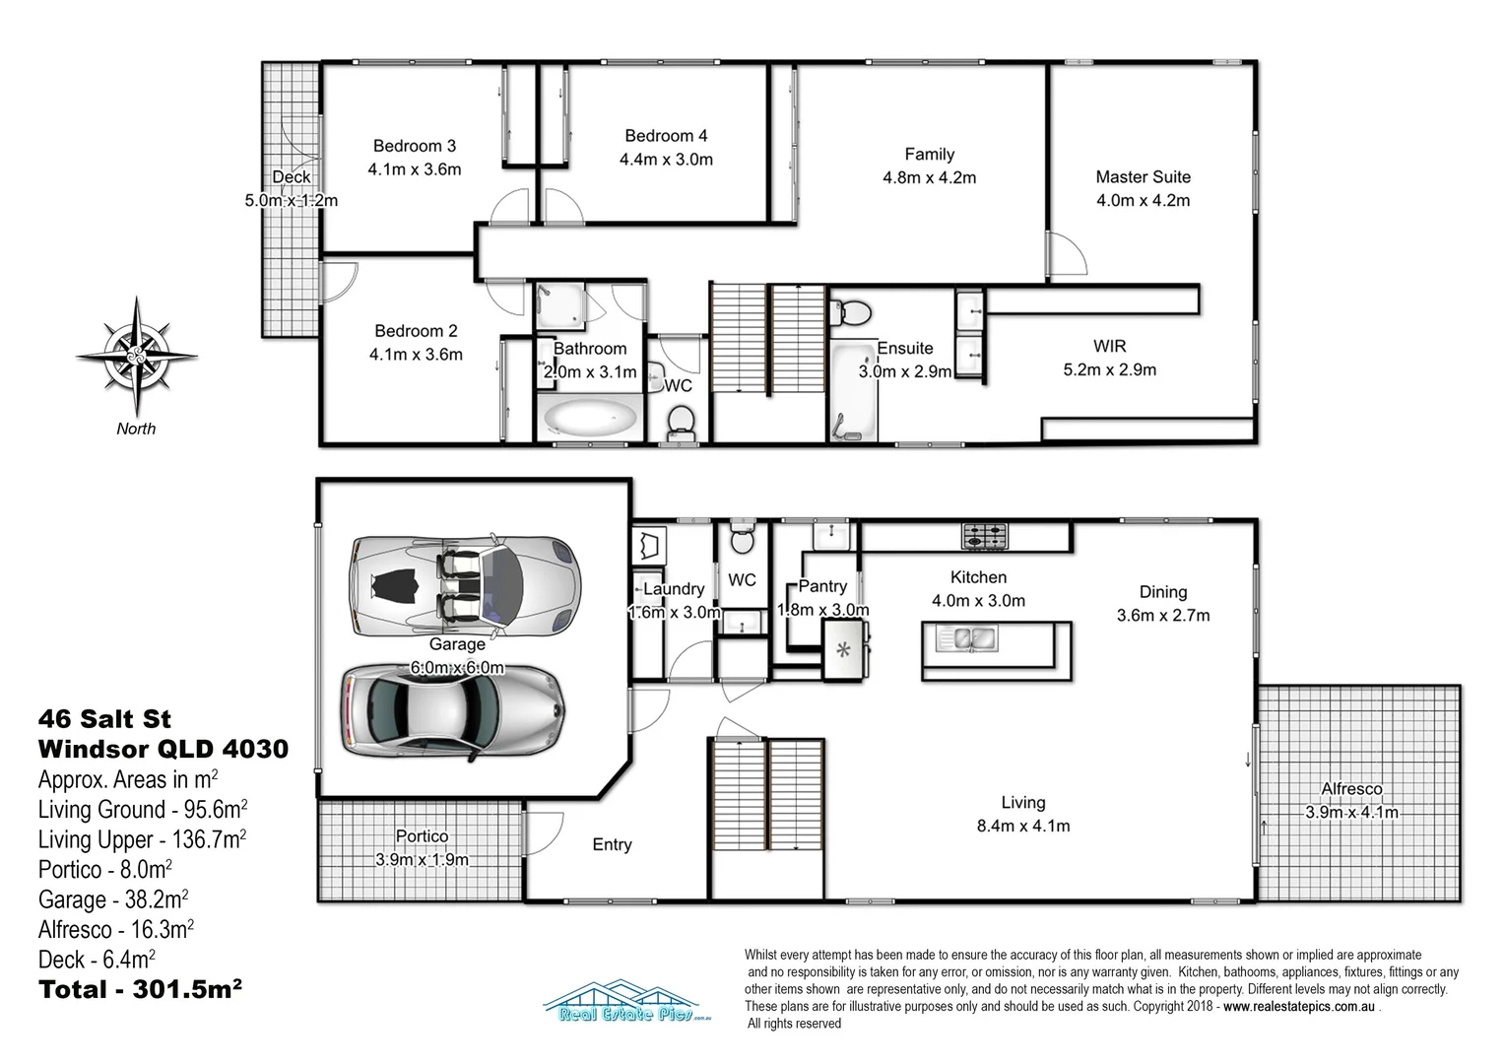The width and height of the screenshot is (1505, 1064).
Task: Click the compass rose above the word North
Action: [x=137, y=357]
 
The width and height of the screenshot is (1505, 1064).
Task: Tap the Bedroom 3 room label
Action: [x=414, y=146]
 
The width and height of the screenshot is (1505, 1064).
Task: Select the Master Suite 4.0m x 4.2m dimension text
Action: [x=1143, y=200]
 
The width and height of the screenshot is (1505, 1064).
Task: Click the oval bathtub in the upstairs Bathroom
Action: [x=589, y=418]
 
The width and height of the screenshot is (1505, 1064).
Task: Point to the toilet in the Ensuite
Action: [x=850, y=312]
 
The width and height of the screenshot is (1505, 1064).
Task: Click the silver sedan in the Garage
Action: [x=453, y=711]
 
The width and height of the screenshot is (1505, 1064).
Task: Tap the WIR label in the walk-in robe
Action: [x=1109, y=346]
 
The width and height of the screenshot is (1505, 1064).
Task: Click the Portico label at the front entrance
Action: [x=422, y=835]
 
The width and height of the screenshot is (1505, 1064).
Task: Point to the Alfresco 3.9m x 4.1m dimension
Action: [x=1351, y=813]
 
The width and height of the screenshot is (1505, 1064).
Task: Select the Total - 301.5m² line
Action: [x=140, y=989]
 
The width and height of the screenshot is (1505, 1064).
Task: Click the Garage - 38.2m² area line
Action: [x=113, y=899]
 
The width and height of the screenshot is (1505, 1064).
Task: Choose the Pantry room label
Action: [x=822, y=586]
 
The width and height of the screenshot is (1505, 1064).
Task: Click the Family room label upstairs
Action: [x=929, y=154]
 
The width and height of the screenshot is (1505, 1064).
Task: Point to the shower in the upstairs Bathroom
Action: [x=560, y=306]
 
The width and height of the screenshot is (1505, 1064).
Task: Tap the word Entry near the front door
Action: [x=612, y=844]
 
